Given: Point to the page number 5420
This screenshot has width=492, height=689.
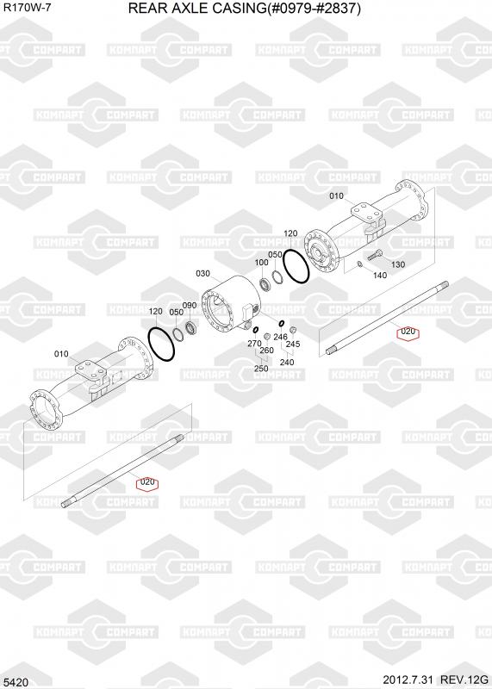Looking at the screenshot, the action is (18, 682).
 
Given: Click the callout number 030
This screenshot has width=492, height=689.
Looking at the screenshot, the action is (202, 273).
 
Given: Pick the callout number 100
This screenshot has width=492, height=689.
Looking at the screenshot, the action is (261, 263).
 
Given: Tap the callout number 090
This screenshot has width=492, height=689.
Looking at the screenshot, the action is (190, 306).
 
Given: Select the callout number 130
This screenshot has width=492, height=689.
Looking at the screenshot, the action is (397, 264).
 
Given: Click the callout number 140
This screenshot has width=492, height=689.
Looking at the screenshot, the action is (379, 275).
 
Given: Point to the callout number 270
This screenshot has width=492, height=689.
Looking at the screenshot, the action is (254, 343).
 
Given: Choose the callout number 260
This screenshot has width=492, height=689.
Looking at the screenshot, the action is (266, 351).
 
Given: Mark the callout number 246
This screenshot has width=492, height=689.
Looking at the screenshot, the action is (280, 337).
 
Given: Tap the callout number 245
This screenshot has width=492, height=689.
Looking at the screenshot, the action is (293, 344).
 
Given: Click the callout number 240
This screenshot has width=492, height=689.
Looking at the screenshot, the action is (287, 362).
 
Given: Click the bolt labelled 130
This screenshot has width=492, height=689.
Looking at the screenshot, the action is (375, 254).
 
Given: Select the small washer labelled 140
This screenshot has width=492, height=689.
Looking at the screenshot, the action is (359, 264).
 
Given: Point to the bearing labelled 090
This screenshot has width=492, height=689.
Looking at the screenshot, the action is (191, 327).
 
